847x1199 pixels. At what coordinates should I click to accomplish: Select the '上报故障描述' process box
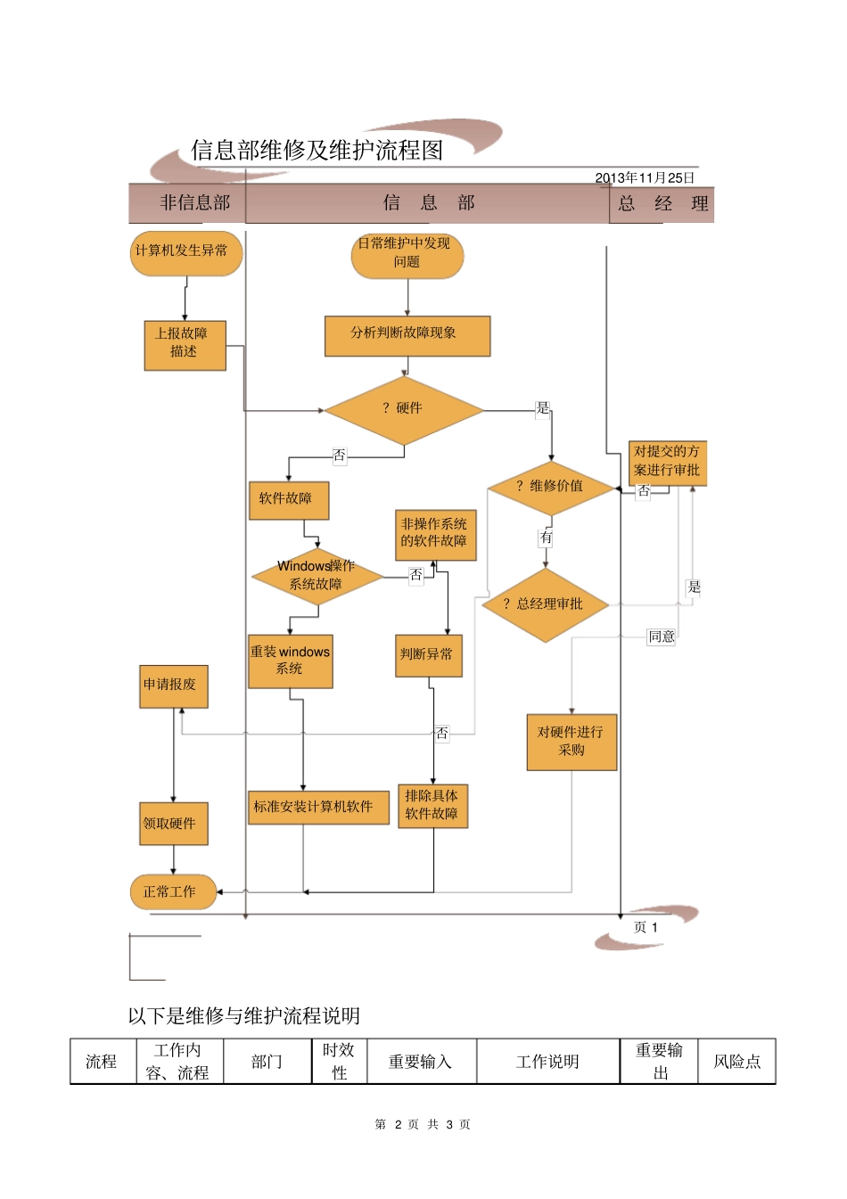click(x=185, y=345)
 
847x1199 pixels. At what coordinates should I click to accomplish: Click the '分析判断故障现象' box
click(x=407, y=335)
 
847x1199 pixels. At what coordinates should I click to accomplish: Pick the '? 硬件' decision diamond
click(x=404, y=410)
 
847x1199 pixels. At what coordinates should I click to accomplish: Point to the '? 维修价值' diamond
click(x=550, y=488)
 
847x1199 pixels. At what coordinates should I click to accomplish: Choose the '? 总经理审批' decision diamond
click(x=545, y=605)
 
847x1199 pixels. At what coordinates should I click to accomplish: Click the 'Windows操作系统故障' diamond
click(x=317, y=577)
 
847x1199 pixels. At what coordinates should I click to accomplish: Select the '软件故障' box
click(x=288, y=500)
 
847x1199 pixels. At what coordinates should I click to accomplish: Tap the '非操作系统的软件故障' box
click(x=435, y=535)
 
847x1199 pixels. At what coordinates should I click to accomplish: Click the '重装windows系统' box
click(x=290, y=661)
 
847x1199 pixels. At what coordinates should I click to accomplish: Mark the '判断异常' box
click(x=428, y=655)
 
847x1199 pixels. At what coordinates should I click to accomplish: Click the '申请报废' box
click(x=173, y=686)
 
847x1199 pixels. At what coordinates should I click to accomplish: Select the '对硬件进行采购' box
click(x=571, y=742)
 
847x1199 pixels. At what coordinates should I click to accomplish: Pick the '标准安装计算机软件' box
click(x=317, y=808)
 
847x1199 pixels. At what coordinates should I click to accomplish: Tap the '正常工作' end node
click(x=173, y=892)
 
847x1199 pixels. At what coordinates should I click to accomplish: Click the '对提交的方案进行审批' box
click(x=667, y=463)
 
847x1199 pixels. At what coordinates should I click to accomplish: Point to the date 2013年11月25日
click(x=645, y=178)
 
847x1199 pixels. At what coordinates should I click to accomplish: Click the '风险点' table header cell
click(x=736, y=1062)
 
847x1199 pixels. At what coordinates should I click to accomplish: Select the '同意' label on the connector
click(x=662, y=636)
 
